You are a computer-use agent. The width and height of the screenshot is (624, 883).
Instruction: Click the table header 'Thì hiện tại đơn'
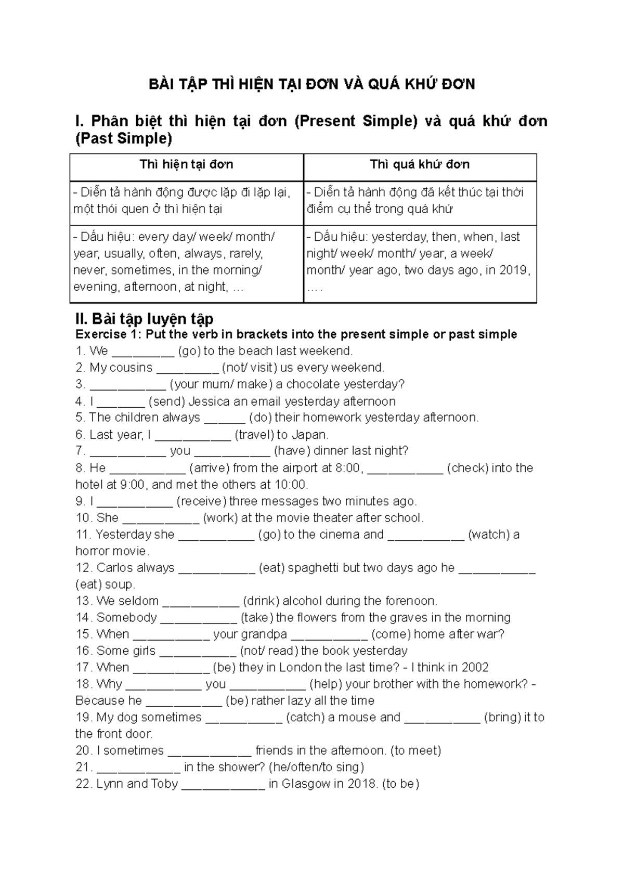click(186, 165)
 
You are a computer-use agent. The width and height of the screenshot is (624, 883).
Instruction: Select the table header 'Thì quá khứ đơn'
click(420, 165)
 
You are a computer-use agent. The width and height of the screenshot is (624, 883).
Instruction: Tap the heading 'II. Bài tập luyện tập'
click(145, 318)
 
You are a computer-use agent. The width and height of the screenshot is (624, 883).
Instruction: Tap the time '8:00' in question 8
click(347, 468)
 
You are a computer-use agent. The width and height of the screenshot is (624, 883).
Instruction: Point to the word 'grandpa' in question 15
click(265, 634)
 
